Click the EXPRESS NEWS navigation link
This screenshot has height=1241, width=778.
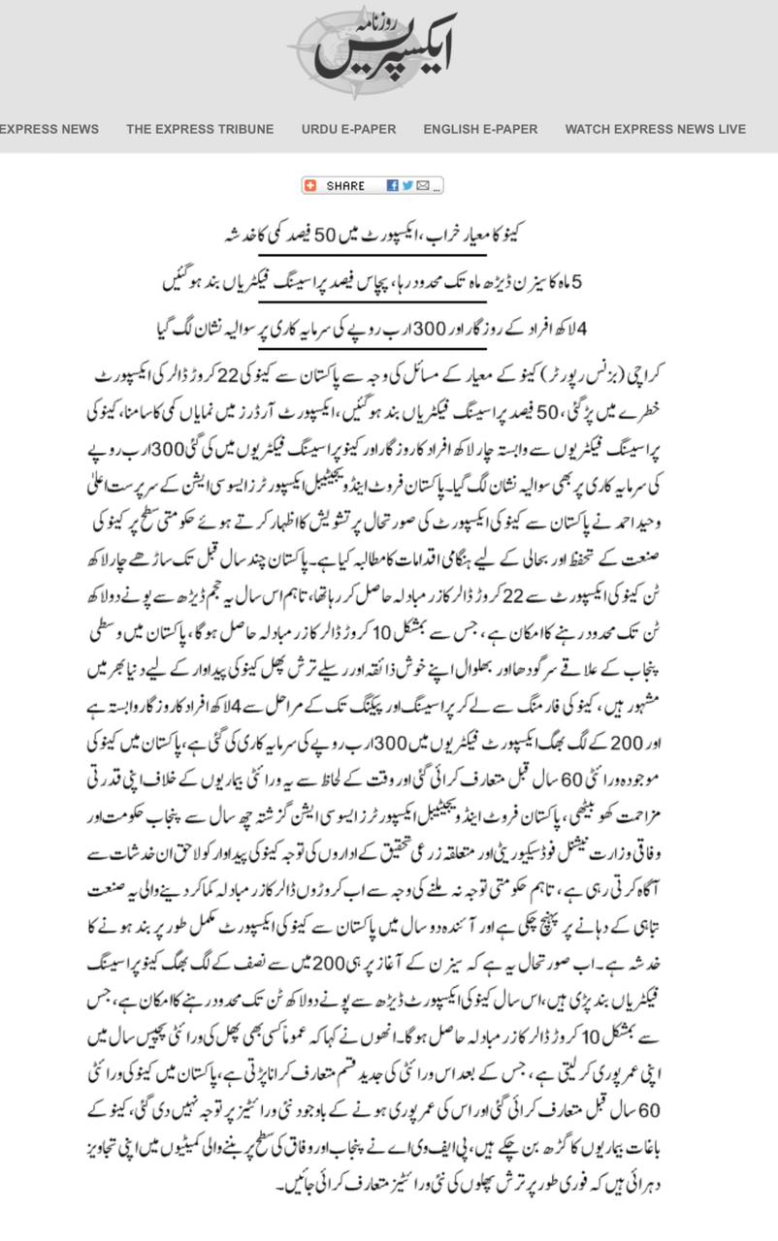[x=49, y=129]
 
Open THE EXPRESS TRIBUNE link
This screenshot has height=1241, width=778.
[x=200, y=129]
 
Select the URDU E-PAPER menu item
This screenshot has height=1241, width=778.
[x=348, y=129]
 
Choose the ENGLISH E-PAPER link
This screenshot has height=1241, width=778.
[x=480, y=129]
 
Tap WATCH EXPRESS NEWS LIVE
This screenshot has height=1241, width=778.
[x=656, y=129]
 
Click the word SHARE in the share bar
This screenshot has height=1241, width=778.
[x=345, y=186]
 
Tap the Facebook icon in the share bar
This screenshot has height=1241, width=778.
[x=393, y=186]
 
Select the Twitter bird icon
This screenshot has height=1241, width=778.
[x=408, y=186]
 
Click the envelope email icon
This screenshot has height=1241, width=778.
[x=423, y=186]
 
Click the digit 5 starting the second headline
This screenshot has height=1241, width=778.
[x=579, y=282]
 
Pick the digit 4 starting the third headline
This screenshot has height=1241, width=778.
[x=582, y=329]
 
